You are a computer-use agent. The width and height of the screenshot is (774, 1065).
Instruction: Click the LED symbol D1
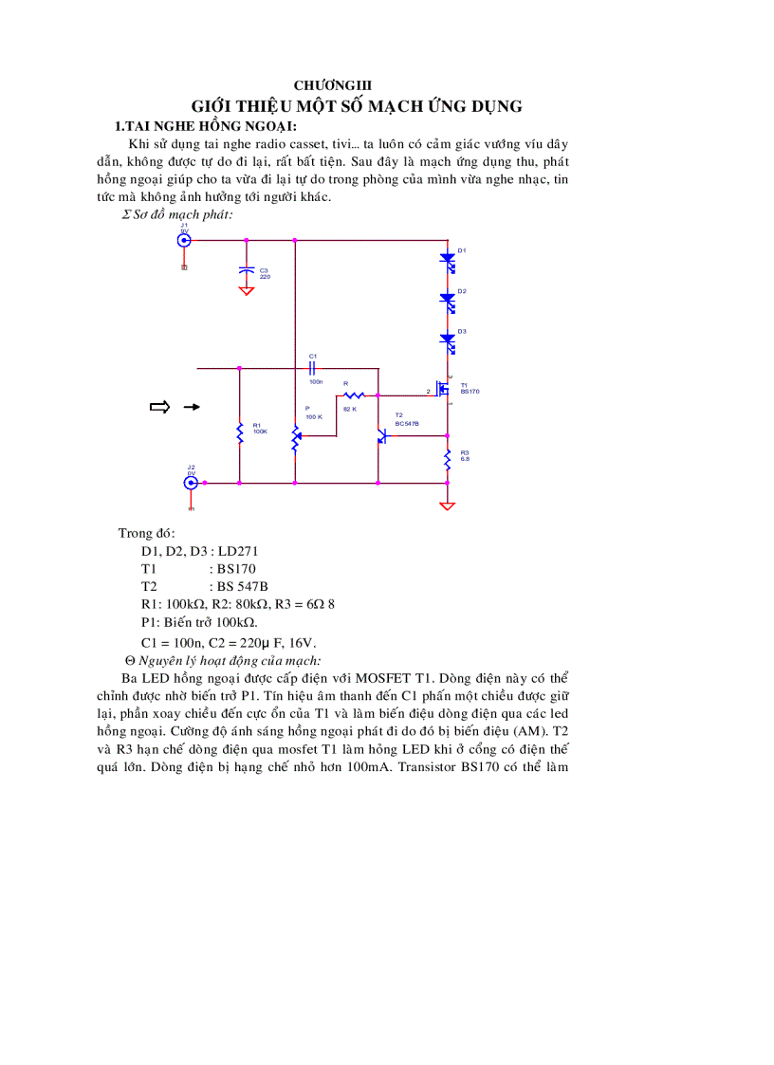pyautogui.click(x=447, y=258)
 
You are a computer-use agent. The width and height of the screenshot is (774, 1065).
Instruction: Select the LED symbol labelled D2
pyautogui.click(x=447, y=299)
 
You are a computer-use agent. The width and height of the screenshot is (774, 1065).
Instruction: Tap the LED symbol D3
pyautogui.click(x=447, y=339)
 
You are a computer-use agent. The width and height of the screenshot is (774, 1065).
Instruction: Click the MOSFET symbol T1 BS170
pyautogui.click(x=443, y=388)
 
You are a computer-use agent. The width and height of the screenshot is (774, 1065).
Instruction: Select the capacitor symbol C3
pyautogui.click(x=247, y=271)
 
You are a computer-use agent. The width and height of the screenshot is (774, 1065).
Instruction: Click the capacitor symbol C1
pyautogui.click(x=313, y=367)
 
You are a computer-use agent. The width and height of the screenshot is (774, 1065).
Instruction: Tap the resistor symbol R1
pyautogui.click(x=240, y=432)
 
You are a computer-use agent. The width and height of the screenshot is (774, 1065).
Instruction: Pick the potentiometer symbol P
pyautogui.click(x=295, y=437)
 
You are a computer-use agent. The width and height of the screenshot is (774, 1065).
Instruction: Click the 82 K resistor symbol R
pyautogui.click(x=354, y=395)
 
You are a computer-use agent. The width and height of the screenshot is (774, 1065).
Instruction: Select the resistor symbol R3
pyautogui.click(x=448, y=461)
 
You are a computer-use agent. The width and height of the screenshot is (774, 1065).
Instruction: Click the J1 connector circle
pyautogui.click(x=185, y=240)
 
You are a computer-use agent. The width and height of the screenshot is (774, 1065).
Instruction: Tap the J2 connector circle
pyautogui.click(x=191, y=483)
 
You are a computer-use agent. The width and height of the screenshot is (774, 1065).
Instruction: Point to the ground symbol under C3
pyautogui.click(x=247, y=290)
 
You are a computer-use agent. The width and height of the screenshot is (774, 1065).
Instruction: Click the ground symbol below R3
pyautogui.click(x=448, y=505)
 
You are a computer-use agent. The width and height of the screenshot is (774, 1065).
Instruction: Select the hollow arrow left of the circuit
pyautogui.click(x=159, y=407)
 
